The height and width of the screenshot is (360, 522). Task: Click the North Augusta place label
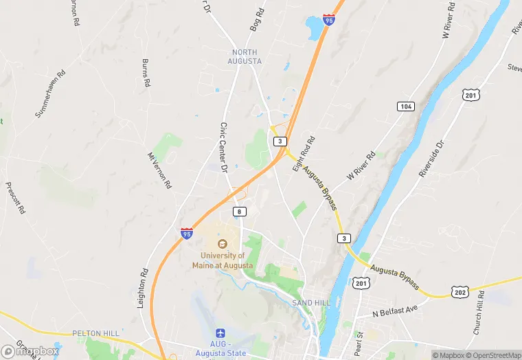coord(246,56)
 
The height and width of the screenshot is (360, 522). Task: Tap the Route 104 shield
coord(405,106)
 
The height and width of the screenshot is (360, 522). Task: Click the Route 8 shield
coord(239,212)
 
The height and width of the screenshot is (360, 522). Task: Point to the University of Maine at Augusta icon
coord(222,244)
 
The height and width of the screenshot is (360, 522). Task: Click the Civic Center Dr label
coord(223,147)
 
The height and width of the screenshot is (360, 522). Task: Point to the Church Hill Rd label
coord(478,313)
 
